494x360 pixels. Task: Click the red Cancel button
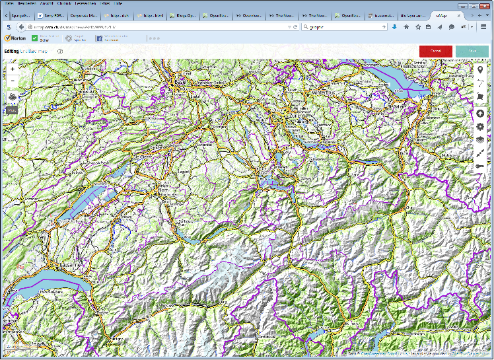pyautogui.click(x=435, y=51)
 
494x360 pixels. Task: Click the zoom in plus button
pyautogui.click(x=13, y=69)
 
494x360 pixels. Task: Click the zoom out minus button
pyautogui.click(x=13, y=81)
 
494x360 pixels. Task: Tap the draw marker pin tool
pyautogui.click(x=480, y=70)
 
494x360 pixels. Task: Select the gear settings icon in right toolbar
pyautogui.click(x=480, y=126)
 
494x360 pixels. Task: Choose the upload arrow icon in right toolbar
pyautogui.click(x=480, y=113)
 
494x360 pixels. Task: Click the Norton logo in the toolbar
pyautogui.click(x=15, y=38)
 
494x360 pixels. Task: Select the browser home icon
pyautogui.click(x=406, y=27)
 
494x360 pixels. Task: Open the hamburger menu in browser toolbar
pyautogui.click(x=483, y=27)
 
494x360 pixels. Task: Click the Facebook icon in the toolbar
pyautogui.click(x=100, y=38)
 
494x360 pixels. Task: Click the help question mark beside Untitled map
pyautogui.click(x=60, y=51)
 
